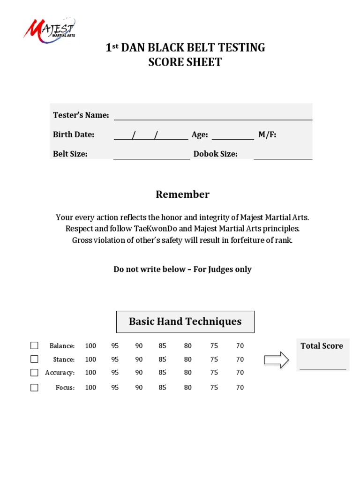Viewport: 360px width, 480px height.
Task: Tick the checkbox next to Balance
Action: (34, 345)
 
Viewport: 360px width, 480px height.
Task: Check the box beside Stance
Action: (34, 359)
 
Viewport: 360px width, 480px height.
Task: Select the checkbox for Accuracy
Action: (34, 373)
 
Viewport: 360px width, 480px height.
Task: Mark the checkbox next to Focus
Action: (34, 388)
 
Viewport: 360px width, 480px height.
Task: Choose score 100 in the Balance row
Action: (90, 346)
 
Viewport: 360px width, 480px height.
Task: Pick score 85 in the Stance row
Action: (163, 360)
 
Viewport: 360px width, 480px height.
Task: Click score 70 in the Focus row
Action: (240, 388)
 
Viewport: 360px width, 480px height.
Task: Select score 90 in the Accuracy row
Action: (139, 373)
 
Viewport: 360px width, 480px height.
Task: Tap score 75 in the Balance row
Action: (214, 346)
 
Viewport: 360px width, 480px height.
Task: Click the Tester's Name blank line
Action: (213, 116)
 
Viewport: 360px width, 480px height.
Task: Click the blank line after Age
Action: (232, 136)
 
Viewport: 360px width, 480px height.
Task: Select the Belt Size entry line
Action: (151, 156)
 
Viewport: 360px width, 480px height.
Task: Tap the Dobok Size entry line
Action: (283, 156)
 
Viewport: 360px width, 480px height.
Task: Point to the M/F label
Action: (267, 135)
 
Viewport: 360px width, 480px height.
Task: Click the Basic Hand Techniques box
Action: (185, 322)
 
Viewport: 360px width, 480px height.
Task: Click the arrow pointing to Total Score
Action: (276, 360)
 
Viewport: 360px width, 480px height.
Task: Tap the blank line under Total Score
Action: (323, 366)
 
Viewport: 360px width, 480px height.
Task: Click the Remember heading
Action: (182, 195)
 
